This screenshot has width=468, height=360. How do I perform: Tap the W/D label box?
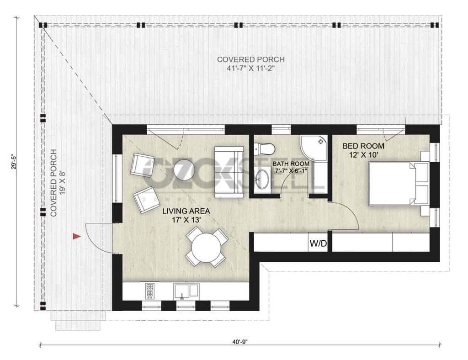pos(318,244)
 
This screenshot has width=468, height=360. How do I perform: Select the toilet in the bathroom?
pos(265,148)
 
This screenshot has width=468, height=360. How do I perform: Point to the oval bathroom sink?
pos(262,179)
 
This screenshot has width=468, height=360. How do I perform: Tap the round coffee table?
pos(184,170)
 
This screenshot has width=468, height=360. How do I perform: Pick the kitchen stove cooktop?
pos(150,290)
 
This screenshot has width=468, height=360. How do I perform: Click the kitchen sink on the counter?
pos(186,291)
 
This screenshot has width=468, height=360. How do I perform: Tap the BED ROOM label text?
pos(363,147)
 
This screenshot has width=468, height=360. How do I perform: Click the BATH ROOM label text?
pos(291,164)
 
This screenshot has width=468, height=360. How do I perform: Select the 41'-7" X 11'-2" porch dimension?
pos(250,68)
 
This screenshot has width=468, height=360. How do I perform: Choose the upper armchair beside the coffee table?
pos(142,165)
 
